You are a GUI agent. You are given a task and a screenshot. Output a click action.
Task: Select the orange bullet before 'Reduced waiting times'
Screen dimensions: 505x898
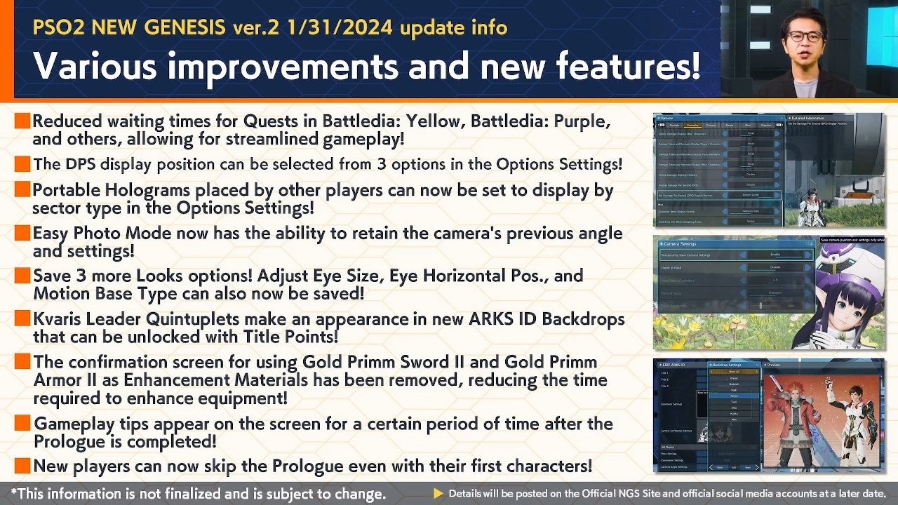point(22,121)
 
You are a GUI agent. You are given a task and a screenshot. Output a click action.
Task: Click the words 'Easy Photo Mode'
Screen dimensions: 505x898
point(92,234)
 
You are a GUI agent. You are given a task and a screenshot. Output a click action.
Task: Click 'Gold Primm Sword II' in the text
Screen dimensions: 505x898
point(387,363)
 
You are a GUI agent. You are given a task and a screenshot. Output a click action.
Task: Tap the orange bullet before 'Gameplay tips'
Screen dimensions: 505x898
point(22,424)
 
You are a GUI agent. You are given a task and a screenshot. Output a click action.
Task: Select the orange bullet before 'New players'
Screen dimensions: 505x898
point(22,465)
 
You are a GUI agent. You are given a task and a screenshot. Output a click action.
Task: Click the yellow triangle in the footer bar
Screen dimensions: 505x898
point(438,494)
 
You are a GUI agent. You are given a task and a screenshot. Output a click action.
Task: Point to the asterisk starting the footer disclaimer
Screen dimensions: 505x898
point(15,493)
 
